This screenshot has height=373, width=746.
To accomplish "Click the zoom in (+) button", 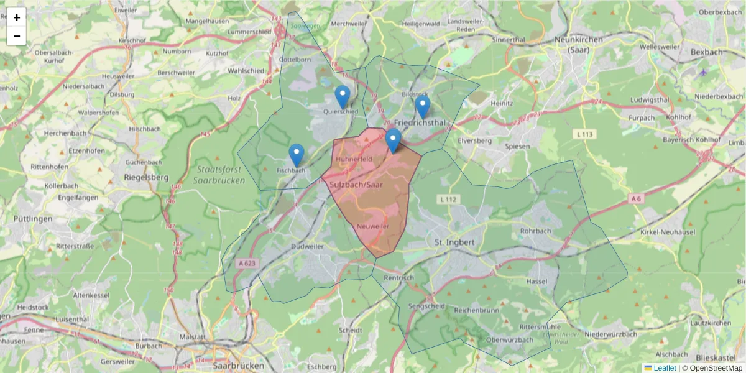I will pyautogui.click(x=17, y=17).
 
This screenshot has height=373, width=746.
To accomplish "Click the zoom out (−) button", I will pyautogui.click(x=17, y=36).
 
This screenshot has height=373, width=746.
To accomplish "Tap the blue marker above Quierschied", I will pyautogui.click(x=342, y=97).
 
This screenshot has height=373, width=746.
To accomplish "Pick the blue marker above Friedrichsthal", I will pyautogui.click(x=423, y=107).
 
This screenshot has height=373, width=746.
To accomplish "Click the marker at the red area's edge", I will pyautogui.click(x=393, y=140).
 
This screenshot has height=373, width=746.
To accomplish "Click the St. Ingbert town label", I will pyautogui.click(x=454, y=241).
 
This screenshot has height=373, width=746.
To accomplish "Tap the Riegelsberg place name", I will pyautogui.click(x=147, y=177).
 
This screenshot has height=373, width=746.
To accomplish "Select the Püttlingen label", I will pyautogui.click(x=32, y=218).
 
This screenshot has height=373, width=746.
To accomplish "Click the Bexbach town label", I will pyautogui.click(x=707, y=52).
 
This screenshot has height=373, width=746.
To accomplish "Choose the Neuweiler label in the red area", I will pyautogui.click(x=373, y=227).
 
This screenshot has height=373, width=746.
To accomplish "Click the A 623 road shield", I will pyautogui.click(x=247, y=264).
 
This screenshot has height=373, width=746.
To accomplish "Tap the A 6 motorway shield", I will pyautogui.click(x=635, y=198).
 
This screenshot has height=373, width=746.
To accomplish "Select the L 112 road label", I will pyautogui.click(x=448, y=199).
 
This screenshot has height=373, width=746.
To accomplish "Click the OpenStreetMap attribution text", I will pyautogui.click(x=712, y=368).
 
